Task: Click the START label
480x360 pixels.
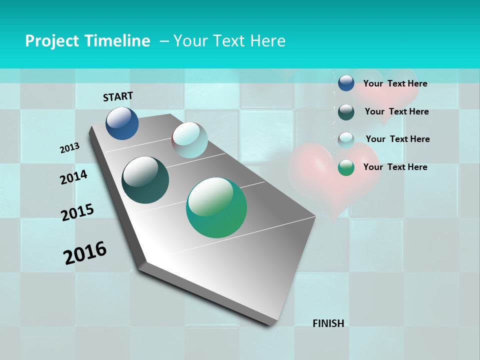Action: click(118, 96)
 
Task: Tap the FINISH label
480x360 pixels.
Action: click(328, 323)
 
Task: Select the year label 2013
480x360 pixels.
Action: click(69, 148)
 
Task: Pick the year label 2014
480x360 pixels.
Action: click(73, 177)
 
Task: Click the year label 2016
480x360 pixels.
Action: click(85, 253)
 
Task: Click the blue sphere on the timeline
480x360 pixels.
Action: click(122, 123)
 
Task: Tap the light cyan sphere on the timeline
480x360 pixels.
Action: click(189, 140)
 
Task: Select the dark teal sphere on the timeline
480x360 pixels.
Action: click(145, 180)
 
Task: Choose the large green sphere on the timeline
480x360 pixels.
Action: click(216, 207)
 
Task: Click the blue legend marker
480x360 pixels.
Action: click(346, 83)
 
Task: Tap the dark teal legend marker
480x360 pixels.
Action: click(346, 111)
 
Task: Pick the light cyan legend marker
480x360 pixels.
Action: click(346, 139)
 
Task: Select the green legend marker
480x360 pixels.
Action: click(346, 167)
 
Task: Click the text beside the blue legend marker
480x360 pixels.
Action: click(395, 83)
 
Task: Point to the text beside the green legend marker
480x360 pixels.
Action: click(395, 167)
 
